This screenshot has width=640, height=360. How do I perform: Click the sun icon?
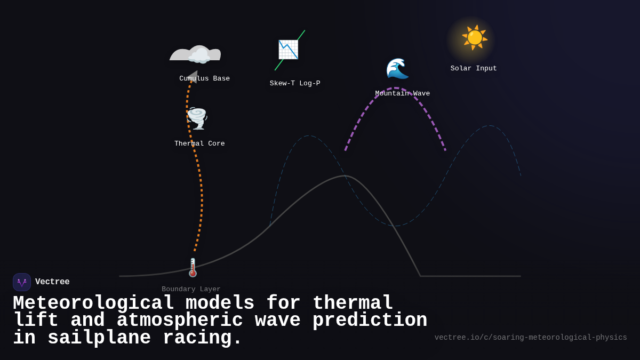(x=474, y=37)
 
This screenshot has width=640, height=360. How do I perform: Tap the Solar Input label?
(x=474, y=68)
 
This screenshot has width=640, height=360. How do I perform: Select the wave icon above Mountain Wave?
(x=397, y=68)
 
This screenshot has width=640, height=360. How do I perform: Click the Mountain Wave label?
(x=403, y=93)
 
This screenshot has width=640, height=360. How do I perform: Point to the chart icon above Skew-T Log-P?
(x=289, y=50)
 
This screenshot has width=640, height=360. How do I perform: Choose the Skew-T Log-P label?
(x=295, y=83)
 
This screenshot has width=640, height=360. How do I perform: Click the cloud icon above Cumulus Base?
(x=198, y=55)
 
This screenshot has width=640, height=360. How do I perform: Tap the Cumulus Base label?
(x=205, y=78)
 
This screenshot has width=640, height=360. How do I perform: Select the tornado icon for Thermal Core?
(x=197, y=118)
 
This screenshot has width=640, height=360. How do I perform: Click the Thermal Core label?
(x=199, y=143)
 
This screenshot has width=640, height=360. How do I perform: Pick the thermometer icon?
(x=193, y=268)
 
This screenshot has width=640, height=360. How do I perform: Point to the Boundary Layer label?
(x=191, y=289)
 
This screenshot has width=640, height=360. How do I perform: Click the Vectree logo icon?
(x=22, y=282)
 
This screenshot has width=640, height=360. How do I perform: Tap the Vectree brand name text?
(x=52, y=282)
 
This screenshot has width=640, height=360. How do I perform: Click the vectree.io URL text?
(x=531, y=338)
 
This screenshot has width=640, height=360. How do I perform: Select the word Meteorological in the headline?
(x=93, y=303)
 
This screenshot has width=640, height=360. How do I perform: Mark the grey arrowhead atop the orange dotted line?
(x=193, y=77)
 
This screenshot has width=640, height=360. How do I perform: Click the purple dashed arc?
(x=395, y=89)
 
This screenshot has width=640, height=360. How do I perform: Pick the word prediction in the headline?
(x=370, y=321)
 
